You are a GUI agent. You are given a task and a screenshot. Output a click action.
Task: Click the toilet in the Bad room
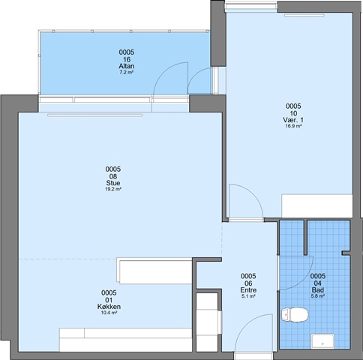tap(295, 315)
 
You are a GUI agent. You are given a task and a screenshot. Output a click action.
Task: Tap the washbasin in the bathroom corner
tap(322, 340)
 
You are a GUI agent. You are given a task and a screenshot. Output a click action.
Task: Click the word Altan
tap(127, 66)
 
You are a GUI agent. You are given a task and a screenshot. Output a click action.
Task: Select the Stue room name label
tap(113, 183)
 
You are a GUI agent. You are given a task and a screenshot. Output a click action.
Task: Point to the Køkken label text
tap(109, 307)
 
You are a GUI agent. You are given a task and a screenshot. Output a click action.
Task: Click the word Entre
tap(248, 290)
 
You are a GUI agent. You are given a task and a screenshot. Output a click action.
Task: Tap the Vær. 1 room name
tap(293, 120)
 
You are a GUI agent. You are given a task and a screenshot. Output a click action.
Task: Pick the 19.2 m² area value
tap(113, 189)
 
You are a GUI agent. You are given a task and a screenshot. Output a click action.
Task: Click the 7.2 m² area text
tap(127, 73)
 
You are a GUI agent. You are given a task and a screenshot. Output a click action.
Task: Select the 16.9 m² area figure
tap(293, 126)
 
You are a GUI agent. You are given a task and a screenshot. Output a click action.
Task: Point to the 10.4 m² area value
tap(109, 313)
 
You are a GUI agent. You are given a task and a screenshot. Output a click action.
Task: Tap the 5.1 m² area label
tap(248, 296)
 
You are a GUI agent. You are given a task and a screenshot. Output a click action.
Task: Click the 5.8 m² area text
tap(318, 296)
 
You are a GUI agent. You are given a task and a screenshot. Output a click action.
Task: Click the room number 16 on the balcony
tap(127, 59)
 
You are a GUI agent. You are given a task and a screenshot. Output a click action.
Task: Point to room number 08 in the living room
tap(113, 176)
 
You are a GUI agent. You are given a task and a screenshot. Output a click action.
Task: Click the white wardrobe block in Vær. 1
tap(317, 205)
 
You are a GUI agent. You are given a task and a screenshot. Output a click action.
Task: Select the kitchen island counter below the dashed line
tap(155, 271)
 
